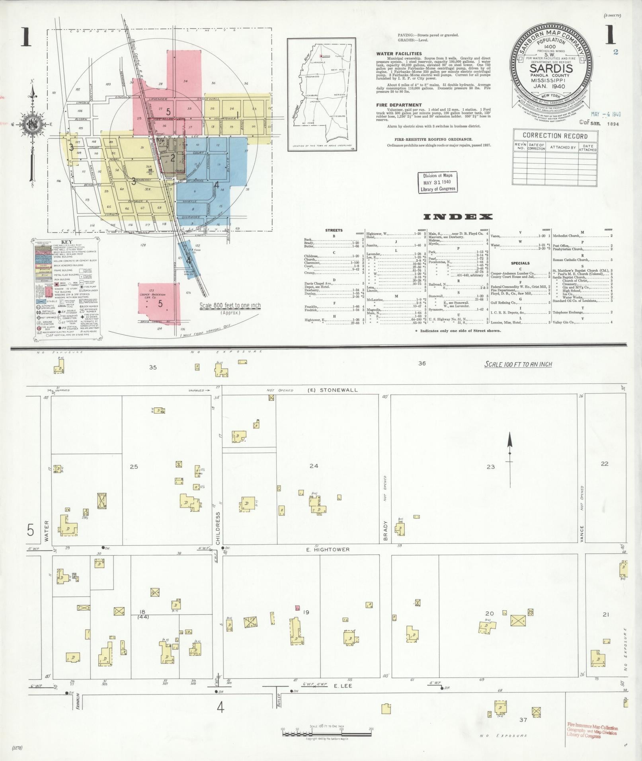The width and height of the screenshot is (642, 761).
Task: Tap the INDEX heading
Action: coord(458,217)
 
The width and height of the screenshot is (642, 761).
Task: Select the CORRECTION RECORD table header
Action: coord(555,136)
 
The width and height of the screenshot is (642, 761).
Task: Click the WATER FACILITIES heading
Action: coord(399,54)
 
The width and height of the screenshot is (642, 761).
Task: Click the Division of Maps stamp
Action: coord(437,183)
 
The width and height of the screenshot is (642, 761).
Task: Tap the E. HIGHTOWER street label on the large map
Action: coord(328,549)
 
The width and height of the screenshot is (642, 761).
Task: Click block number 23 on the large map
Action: coord(490,467)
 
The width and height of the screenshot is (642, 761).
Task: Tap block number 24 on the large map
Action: coord(314,465)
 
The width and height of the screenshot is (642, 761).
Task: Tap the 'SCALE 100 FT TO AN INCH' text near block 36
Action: coord(518,364)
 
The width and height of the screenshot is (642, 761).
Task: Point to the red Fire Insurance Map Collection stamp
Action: coord(592,730)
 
